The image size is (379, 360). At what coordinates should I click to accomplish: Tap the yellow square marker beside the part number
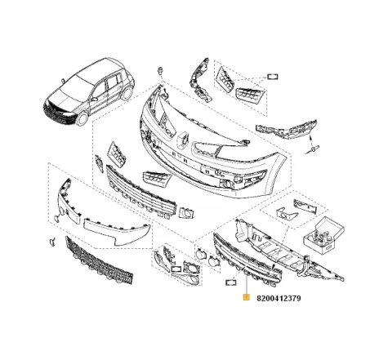(245, 299)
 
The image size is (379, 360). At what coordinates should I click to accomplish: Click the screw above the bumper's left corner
(164, 73)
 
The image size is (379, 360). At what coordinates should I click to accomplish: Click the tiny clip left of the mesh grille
(51, 242)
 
